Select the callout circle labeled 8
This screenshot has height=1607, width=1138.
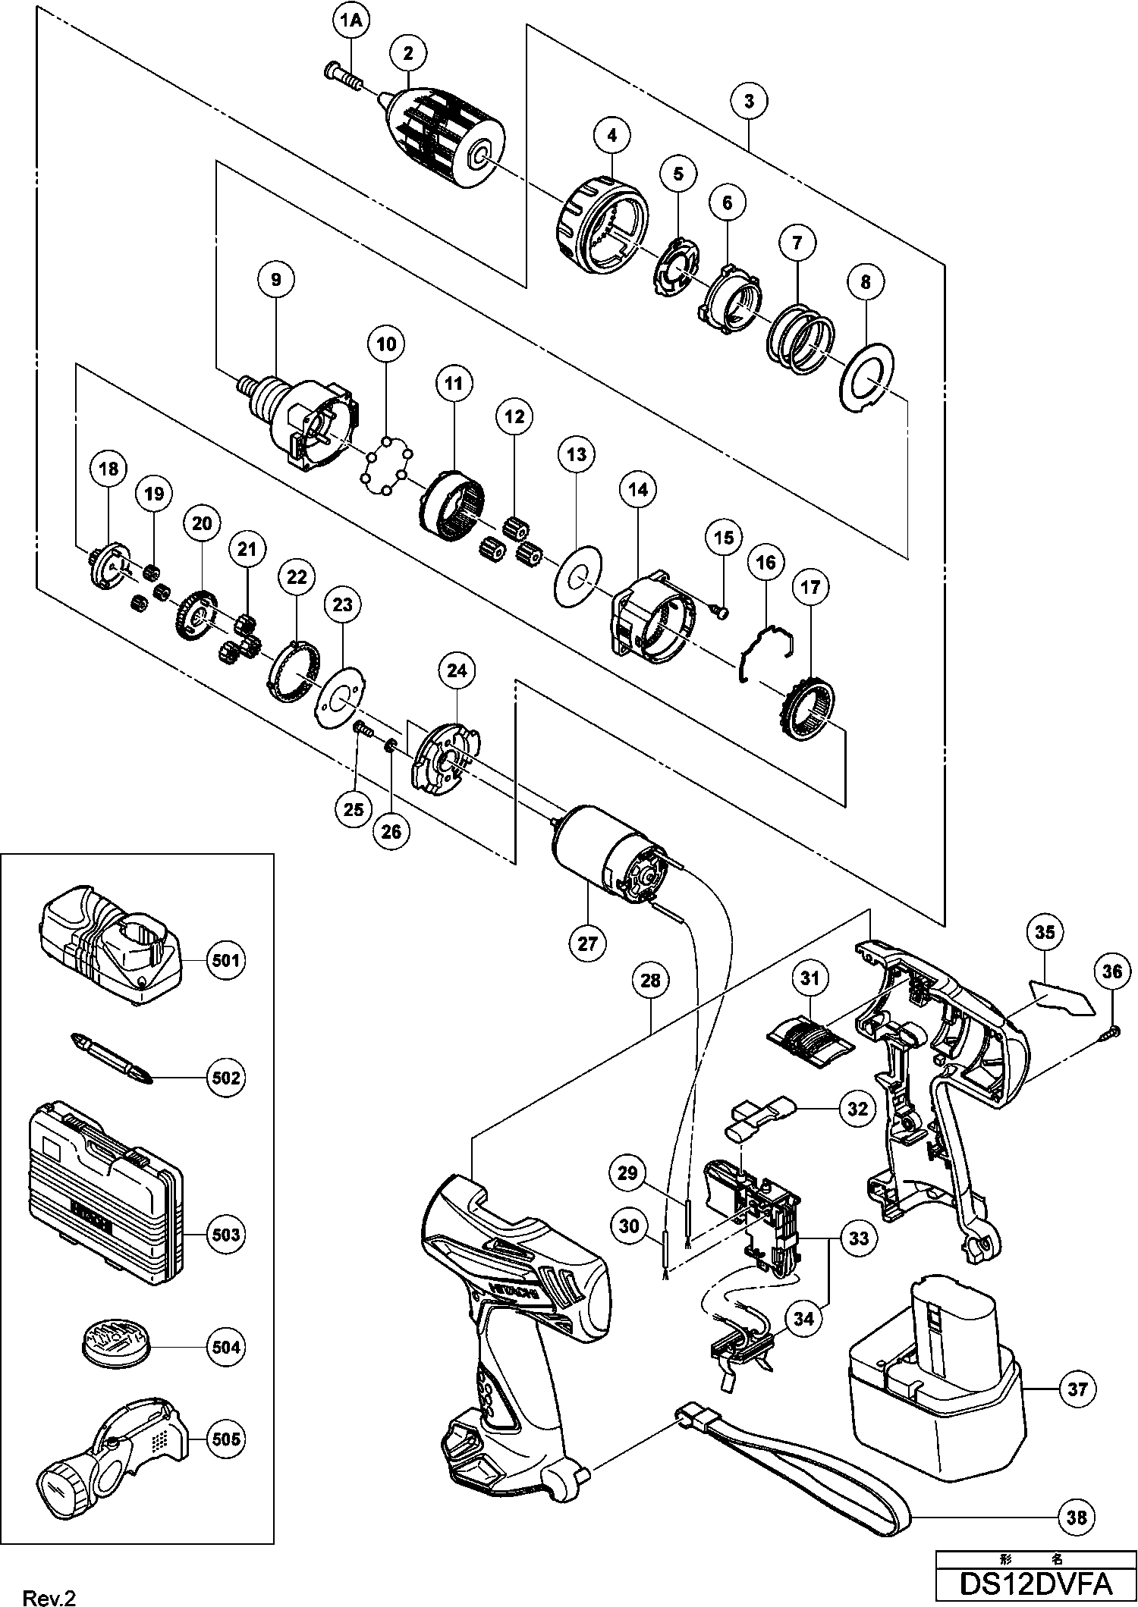coord(866,282)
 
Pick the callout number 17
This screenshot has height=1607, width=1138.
coord(809,587)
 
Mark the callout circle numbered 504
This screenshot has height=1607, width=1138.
coord(226,1347)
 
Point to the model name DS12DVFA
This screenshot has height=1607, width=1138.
coord(1036,1583)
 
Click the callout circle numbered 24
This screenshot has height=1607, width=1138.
coord(457,671)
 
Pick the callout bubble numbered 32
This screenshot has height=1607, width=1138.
coord(857,1107)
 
